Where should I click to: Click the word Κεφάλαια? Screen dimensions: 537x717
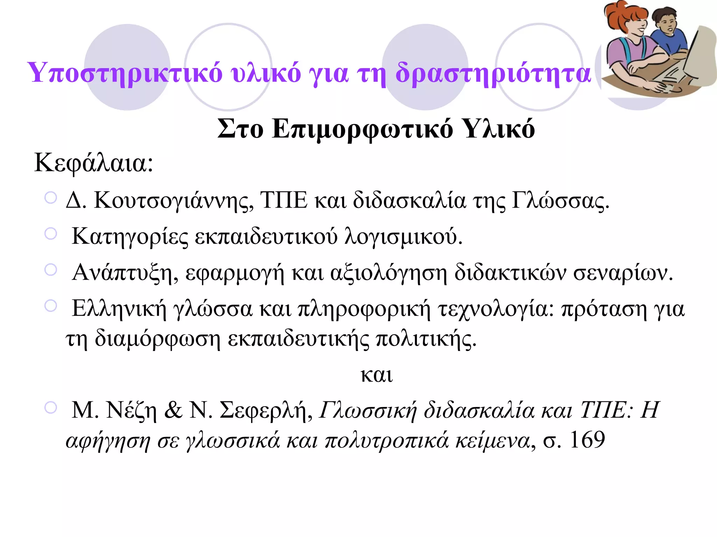point(94,163)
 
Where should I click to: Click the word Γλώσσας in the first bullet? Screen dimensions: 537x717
point(560,201)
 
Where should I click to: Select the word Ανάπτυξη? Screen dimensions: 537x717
point(125,273)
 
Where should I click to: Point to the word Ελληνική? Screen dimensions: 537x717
point(119,309)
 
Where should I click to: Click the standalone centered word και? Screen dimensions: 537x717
point(377,375)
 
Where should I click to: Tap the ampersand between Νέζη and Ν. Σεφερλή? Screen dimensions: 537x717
point(173,410)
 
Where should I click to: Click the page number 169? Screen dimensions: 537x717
point(587,440)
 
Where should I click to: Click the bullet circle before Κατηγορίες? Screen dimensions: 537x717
point(51,234)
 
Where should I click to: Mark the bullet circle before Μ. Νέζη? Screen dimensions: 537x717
point(51,407)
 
